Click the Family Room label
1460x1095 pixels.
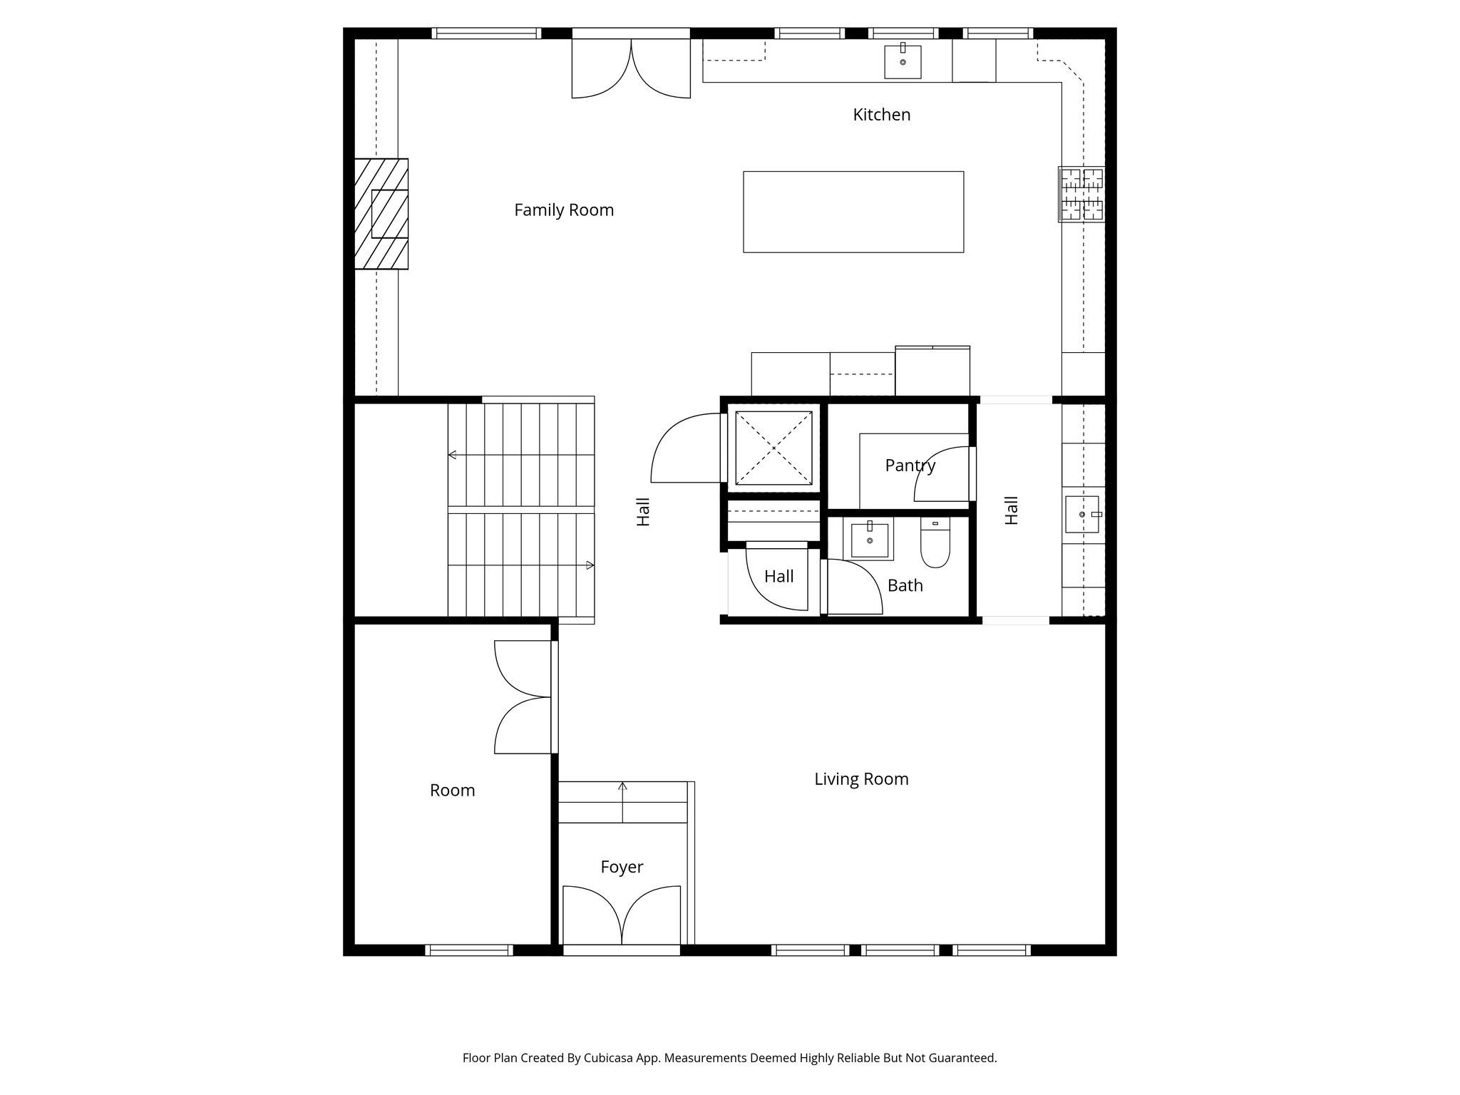pyautogui.click(x=564, y=210)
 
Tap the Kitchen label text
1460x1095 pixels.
pyautogui.click(x=881, y=115)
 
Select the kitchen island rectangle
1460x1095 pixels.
pyautogui.click(x=853, y=212)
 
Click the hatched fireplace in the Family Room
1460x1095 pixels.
pyautogui.click(x=381, y=214)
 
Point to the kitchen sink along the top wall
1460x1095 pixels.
pyautogui.click(x=903, y=61)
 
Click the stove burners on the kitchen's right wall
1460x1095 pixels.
pyautogui.click(x=1081, y=193)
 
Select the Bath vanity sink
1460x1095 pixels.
pyautogui.click(x=870, y=540)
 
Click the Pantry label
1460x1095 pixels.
pyautogui.click(x=910, y=466)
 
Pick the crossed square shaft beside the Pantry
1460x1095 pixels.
pyautogui.click(x=773, y=448)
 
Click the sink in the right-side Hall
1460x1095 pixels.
pyautogui.click(x=1081, y=514)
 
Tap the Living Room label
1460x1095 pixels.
pyautogui.click(x=861, y=779)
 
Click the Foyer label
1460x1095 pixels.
pyautogui.click(x=622, y=867)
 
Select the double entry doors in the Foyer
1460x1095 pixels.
pyautogui.click(x=622, y=916)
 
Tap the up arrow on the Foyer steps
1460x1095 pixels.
pyautogui.click(x=622, y=788)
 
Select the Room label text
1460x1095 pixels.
pyautogui.click(x=452, y=791)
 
